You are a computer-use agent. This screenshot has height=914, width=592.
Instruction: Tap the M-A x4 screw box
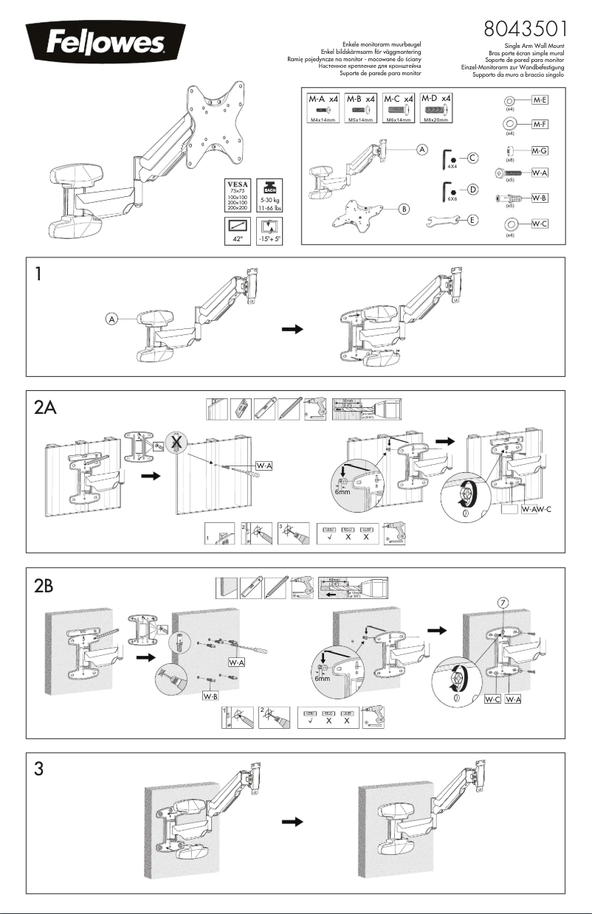click(323, 108)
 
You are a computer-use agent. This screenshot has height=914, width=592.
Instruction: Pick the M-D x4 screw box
click(436, 108)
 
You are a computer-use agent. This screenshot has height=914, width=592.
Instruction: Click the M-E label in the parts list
click(540, 99)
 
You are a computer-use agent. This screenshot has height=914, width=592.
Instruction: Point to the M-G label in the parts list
click(540, 150)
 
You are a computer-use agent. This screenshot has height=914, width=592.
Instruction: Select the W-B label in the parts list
click(540, 198)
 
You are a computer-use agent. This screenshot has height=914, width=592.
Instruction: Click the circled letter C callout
click(473, 157)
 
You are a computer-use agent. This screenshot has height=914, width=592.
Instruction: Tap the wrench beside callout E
click(442, 220)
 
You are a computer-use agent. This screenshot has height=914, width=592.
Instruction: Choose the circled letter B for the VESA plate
click(405, 209)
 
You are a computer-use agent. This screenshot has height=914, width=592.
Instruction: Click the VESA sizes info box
click(238, 195)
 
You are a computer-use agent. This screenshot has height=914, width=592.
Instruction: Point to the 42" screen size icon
click(238, 231)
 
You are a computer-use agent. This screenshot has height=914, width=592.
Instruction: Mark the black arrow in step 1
click(293, 330)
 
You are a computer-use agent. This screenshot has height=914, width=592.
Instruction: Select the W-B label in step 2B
click(212, 696)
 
